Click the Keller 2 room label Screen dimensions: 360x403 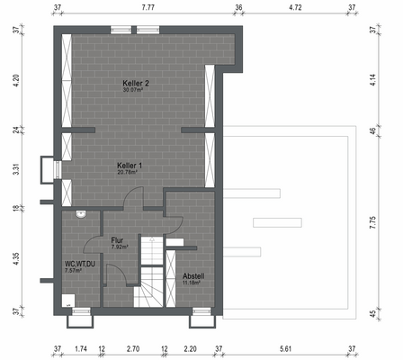[136, 83]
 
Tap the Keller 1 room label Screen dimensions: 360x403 [130, 166]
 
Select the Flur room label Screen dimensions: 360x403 [117, 240]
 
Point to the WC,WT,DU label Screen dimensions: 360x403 [78, 264]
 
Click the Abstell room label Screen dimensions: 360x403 [193, 275]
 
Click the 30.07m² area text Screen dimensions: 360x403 [136, 90]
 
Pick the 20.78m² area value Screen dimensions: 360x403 [130, 173]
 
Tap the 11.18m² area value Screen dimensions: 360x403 [193, 283]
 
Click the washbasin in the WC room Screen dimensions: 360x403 [81, 214]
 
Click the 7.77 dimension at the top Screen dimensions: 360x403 [148, 7]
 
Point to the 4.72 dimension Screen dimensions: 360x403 [294, 7]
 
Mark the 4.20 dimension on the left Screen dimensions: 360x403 [14, 80]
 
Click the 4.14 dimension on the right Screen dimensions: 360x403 [372, 80]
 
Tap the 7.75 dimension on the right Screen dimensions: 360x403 [372, 220]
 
